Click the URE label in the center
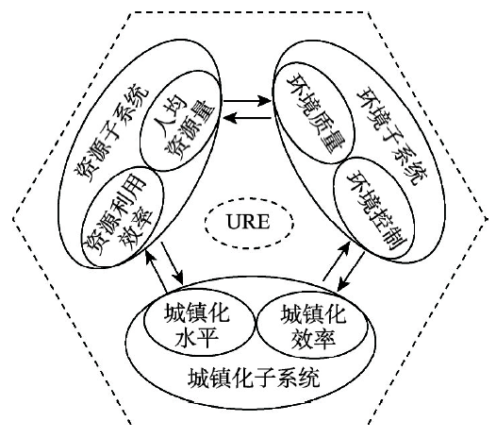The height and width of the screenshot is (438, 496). tap(248, 222)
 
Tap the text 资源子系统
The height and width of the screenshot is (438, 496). tap(111, 132)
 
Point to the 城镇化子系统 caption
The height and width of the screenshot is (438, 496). tap(254, 378)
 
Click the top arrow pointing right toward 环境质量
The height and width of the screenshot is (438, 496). tap(247, 101)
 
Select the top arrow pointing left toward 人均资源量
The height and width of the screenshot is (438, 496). tap(247, 118)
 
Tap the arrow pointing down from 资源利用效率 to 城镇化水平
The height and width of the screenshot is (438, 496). tap(172, 263)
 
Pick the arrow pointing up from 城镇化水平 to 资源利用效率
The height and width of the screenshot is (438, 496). tap(156, 271)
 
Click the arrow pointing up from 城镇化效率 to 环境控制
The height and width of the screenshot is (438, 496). tap(336, 261)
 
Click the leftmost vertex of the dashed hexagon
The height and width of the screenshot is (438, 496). tap(13, 218)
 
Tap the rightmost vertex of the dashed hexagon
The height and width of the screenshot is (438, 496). tap(488, 218)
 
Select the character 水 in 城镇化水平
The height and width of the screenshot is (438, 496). tap(186, 338)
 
